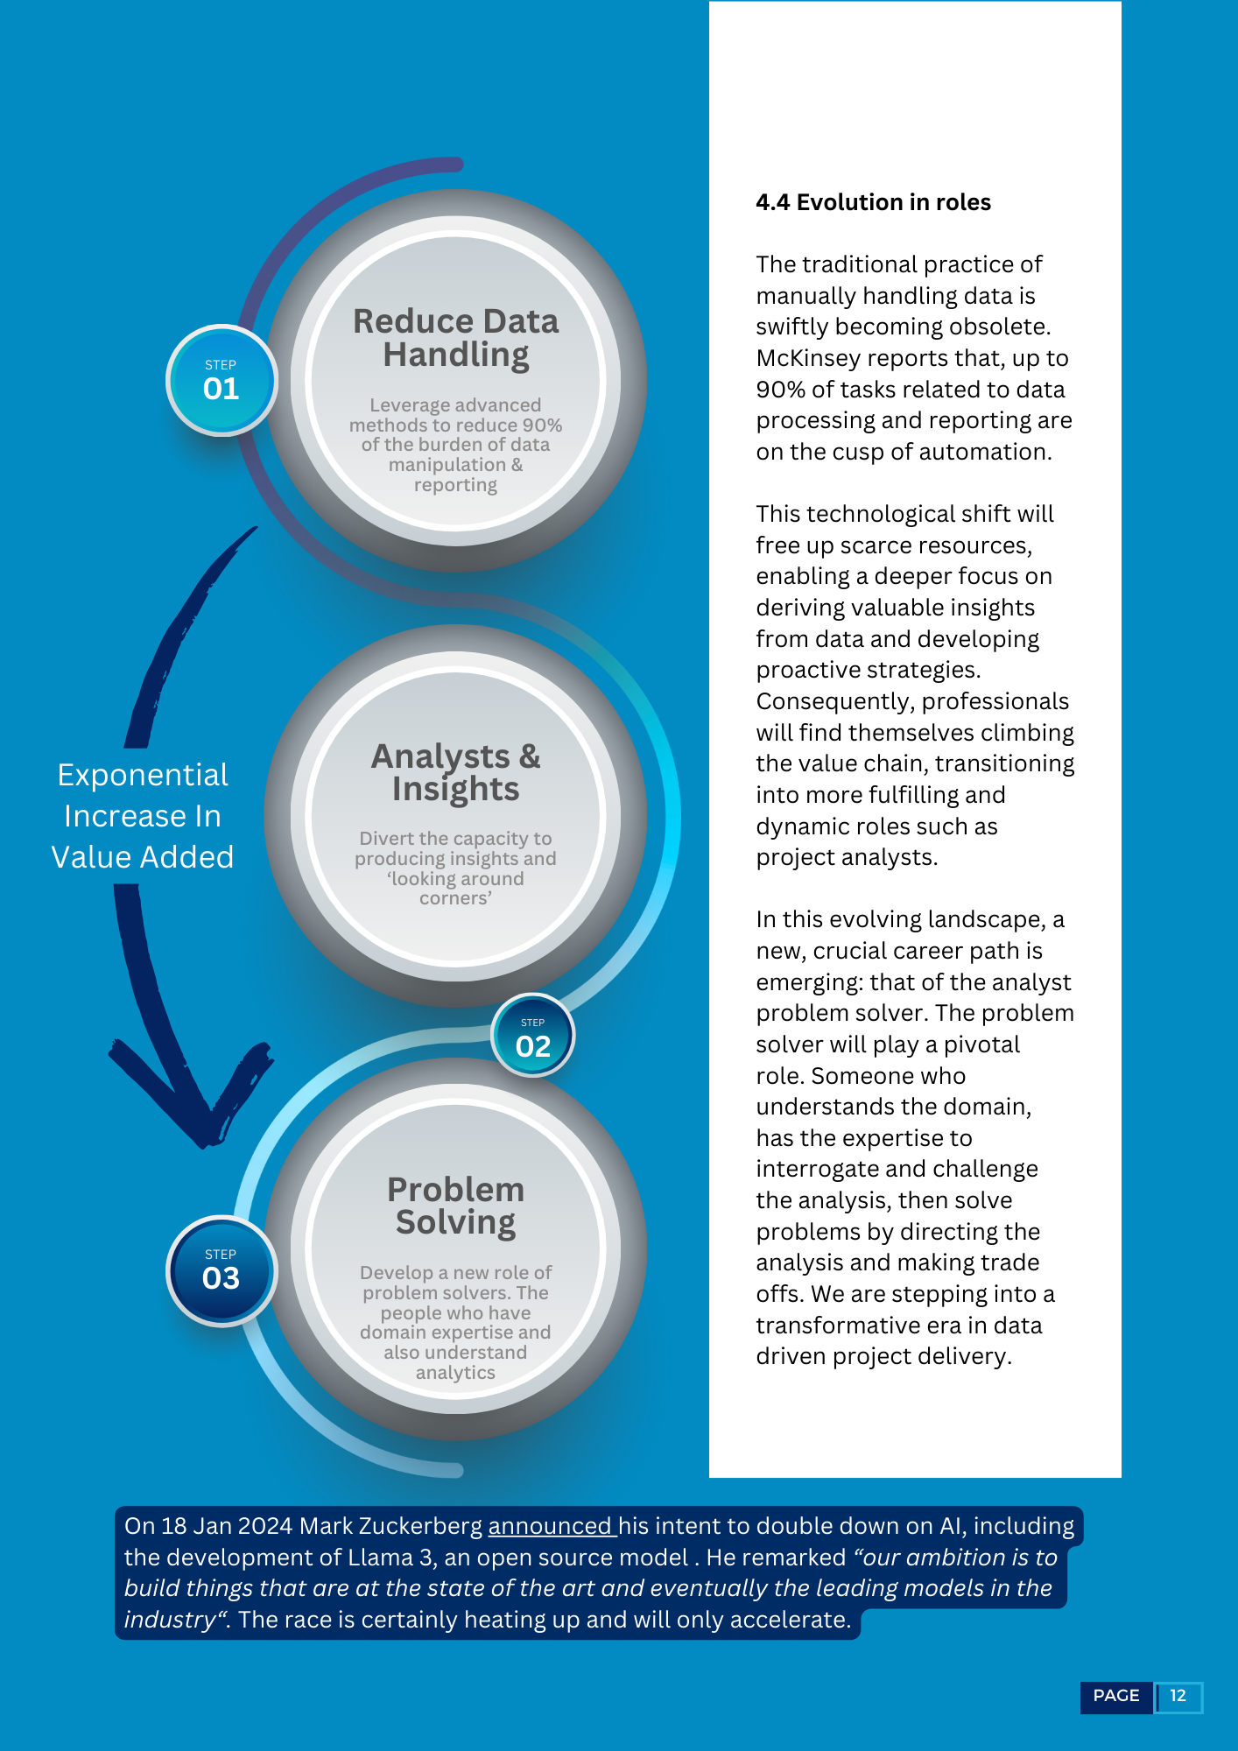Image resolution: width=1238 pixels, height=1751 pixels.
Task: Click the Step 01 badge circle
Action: tap(222, 380)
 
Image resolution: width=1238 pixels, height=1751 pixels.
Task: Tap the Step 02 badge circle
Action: tap(533, 1036)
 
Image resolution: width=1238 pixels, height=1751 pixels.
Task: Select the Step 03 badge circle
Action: tap(222, 1270)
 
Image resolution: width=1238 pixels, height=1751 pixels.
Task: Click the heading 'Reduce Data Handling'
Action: tap(456, 338)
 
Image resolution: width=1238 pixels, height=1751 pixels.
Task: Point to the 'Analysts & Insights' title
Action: tap(456, 772)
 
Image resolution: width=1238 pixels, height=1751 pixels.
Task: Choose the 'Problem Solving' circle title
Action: tap(456, 1206)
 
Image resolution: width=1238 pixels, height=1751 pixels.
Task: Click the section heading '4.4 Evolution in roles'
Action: tap(873, 202)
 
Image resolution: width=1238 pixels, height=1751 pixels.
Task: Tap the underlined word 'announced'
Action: tap(550, 1526)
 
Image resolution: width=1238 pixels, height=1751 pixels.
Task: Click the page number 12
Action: tap(1178, 1696)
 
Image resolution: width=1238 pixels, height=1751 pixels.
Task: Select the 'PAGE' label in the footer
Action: tap(1116, 1696)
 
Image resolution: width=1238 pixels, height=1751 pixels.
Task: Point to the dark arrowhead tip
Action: tap(203, 1145)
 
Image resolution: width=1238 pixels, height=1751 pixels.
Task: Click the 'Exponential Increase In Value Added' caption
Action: tap(143, 816)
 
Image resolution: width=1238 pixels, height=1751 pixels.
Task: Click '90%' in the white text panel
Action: tap(779, 390)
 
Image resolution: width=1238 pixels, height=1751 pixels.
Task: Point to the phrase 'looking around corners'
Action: tap(455, 889)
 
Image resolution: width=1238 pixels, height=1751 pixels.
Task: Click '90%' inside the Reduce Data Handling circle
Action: tap(542, 425)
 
